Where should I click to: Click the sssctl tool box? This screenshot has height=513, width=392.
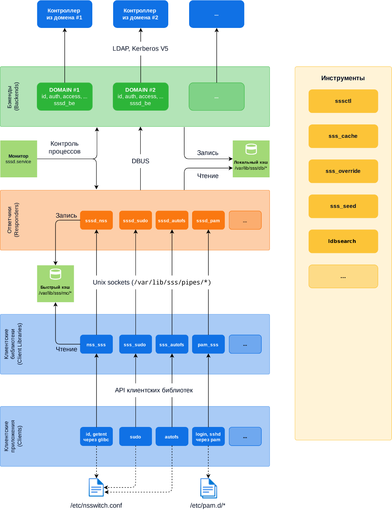[343, 101]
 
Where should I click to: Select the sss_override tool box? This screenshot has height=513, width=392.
[343, 171]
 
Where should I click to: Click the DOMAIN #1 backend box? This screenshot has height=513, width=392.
[64, 96]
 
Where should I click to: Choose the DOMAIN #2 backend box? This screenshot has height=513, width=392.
[140, 96]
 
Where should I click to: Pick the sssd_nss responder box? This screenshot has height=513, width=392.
[96, 221]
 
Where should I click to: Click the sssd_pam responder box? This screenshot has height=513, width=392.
[208, 221]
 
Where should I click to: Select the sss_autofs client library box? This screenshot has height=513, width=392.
[172, 345]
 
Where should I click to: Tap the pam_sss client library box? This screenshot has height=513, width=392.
[208, 345]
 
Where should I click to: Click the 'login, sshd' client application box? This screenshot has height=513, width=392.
[208, 437]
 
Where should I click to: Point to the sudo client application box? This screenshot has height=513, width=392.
[136, 437]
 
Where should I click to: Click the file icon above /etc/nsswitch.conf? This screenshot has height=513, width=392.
[96, 487]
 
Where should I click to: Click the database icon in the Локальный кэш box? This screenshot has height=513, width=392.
[251, 149]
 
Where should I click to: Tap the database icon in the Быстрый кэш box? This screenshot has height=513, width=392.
[55, 274]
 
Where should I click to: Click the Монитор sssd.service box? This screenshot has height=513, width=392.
[19, 159]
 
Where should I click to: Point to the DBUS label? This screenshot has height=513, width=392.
[140, 161]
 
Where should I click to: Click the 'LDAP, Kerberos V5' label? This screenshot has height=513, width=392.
[140, 48]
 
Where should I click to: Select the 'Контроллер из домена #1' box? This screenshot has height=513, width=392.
[64, 14]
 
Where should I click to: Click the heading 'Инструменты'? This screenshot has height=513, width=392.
[343, 78]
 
